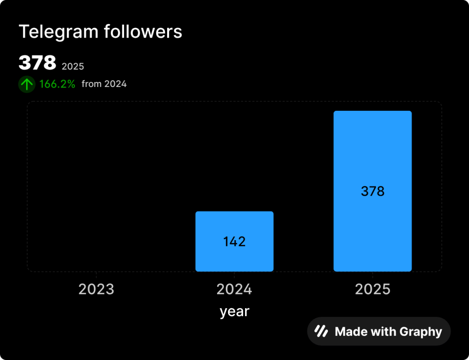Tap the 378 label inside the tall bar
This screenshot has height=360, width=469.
pyautogui.click(x=372, y=191)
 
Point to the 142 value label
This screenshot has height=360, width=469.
pyautogui.click(x=234, y=241)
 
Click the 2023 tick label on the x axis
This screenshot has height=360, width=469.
pyautogui.click(x=96, y=289)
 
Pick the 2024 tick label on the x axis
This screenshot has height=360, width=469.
pyautogui.click(x=234, y=289)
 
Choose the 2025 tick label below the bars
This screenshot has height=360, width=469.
pyautogui.click(x=372, y=289)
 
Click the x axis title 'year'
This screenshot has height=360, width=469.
pyautogui.click(x=234, y=311)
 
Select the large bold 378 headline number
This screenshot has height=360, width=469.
pyautogui.click(x=37, y=63)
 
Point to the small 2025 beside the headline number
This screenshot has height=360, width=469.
pyautogui.click(x=73, y=66)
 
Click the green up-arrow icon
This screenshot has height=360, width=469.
pyautogui.click(x=27, y=84)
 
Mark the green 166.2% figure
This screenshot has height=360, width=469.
pyautogui.click(x=57, y=84)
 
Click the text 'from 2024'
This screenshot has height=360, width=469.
pyautogui.click(x=104, y=84)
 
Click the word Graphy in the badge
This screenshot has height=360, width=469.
pyautogui.click(x=421, y=332)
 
